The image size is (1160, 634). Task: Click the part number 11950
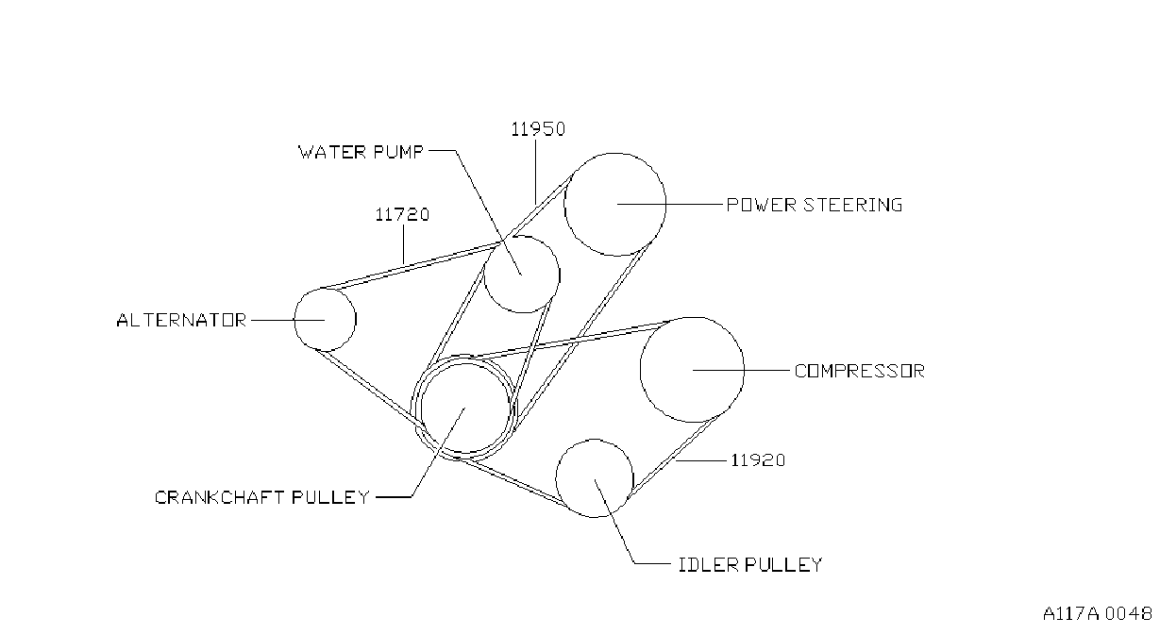538,129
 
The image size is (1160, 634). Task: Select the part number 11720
402,214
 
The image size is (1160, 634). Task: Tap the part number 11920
758,460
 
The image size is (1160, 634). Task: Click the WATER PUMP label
361,152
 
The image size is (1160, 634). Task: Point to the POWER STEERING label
814,205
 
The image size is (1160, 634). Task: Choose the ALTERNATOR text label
181,320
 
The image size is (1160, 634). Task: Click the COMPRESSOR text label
860,371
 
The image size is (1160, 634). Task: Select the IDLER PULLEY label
750,564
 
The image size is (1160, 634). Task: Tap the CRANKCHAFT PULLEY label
262,497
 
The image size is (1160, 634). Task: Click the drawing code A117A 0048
1098,614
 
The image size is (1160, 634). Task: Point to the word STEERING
853,205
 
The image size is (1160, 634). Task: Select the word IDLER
708,564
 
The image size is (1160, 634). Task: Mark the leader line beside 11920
701,460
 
